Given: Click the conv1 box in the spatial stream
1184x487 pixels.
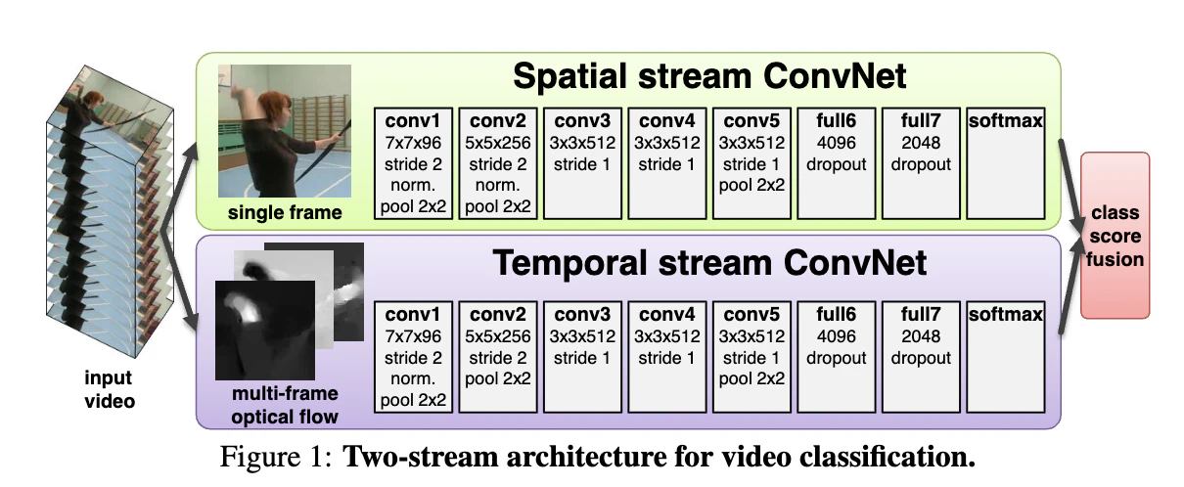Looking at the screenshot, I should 413,162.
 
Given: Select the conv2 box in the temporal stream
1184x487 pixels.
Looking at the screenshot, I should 499,356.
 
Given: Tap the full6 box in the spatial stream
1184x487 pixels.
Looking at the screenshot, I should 837,162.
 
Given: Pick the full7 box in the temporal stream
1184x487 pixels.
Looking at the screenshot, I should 921,356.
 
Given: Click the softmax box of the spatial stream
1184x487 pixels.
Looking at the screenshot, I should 1005,162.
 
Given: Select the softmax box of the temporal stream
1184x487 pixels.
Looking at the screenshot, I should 1005,356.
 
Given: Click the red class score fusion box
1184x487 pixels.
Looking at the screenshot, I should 1115,235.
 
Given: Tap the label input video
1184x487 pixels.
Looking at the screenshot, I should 109,389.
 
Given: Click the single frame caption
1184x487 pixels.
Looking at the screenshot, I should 285,212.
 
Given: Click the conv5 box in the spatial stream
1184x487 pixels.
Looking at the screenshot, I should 751,162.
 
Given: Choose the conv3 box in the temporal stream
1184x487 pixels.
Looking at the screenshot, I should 583,356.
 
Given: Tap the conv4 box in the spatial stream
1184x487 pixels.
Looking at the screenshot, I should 667,162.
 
